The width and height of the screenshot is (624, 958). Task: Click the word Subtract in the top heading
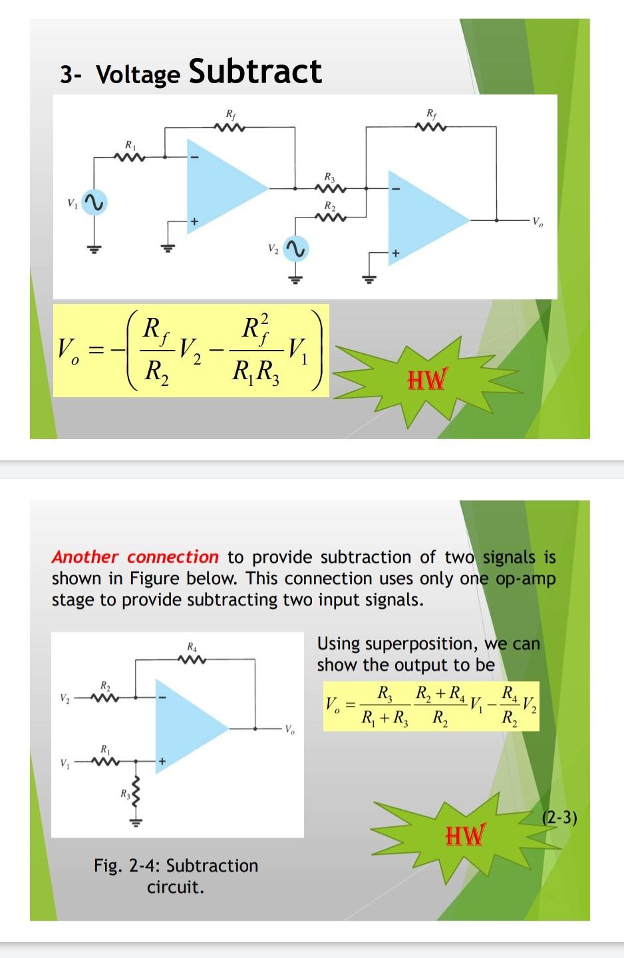pos(255,72)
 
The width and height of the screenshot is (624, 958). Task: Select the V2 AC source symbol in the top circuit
pos(295,249)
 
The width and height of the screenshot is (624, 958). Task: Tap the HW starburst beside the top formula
pos(426,380)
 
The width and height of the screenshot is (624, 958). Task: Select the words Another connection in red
pos(135,557)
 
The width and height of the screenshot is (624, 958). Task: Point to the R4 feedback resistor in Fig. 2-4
pos(192,659)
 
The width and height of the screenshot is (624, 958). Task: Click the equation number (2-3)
pos(560,817)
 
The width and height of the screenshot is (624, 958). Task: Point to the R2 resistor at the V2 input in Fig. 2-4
pos(105,697)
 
